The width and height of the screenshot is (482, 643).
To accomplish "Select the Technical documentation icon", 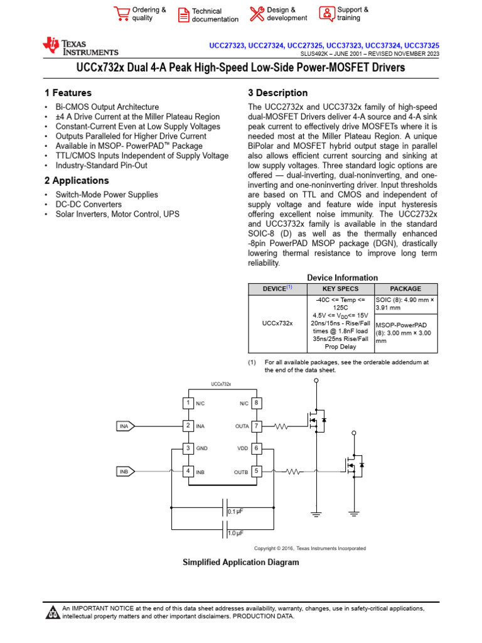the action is [x=183, y=15].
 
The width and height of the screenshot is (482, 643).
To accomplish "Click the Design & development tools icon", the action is [x=257, y=14].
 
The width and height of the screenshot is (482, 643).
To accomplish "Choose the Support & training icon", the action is [x=326, y=13].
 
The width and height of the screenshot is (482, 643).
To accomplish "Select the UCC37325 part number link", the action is [x=422, y=46].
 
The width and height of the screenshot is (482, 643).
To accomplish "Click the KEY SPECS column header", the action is [x=341, y=289].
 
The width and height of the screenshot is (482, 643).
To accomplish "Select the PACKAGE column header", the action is [x=405, y=289].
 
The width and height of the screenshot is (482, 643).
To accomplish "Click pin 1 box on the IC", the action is [x=187, y=403].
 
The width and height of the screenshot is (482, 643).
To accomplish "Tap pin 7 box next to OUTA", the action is [x=256, y=426].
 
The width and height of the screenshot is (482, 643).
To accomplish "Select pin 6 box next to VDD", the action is [x=256, y=448].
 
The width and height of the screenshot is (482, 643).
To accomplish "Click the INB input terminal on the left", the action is [x=124, y=472].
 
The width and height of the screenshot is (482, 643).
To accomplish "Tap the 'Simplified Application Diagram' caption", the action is [x=240, y=562].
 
